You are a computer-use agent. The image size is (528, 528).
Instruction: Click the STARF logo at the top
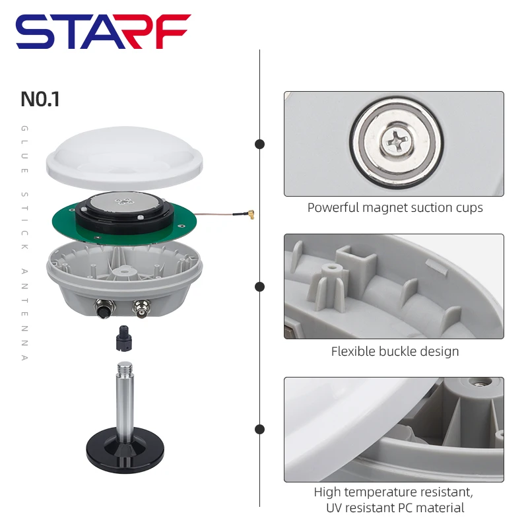[x=103, y=32]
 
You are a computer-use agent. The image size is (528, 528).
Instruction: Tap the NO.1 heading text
[x=40, y=99]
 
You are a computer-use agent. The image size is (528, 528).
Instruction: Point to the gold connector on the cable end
[x=251, y=214]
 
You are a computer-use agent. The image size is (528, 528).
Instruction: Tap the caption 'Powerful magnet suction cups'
[x=395, y=208]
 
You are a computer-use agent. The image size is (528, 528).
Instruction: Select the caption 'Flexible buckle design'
[x=395, y=351]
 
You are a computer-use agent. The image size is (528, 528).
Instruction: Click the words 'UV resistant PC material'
[x=395, y=508]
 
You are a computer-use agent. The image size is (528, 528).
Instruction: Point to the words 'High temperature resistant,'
[x=393, y=492]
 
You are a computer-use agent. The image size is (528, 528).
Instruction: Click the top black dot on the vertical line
[x=260, y=144]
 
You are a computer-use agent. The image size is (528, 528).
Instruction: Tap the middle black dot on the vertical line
[x=260, y=286]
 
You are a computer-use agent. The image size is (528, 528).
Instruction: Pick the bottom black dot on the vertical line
[x=260, y=429]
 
